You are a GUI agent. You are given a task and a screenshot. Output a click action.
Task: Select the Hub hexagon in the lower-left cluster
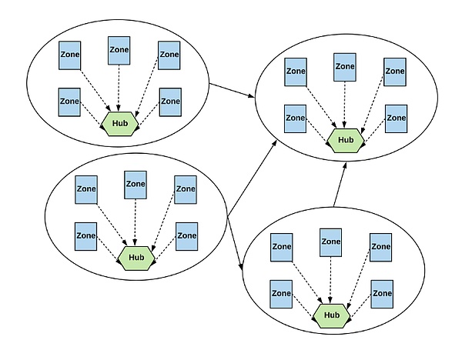tap(137, 257)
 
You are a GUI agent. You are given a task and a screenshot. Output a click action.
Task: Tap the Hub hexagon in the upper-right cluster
tap(345, 140)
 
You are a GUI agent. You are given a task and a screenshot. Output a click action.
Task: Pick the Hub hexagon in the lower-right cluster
tap(332, 314)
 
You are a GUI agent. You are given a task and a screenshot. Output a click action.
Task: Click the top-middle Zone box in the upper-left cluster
tap(119, 49)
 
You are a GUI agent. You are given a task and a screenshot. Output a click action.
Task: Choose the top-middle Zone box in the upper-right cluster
tap(344, 67)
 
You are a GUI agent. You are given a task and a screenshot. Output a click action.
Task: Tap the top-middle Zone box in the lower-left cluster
tap(136, 185)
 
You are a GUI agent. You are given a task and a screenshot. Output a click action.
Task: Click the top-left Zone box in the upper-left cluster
tap(70, 55)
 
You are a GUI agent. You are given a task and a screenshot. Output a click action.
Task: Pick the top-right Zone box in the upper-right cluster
tap(394, 72)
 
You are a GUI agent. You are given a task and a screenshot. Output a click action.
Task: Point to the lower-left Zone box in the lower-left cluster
tap(86, 236)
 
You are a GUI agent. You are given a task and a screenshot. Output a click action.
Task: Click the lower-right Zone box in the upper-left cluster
tap(169, 102)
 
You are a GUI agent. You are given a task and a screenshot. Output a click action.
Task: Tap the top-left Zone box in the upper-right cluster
tap(296, 72)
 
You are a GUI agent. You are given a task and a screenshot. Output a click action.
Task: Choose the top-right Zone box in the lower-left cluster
tap(186, 189)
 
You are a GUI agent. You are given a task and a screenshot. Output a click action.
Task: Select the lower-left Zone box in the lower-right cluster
tap(281, 293)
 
